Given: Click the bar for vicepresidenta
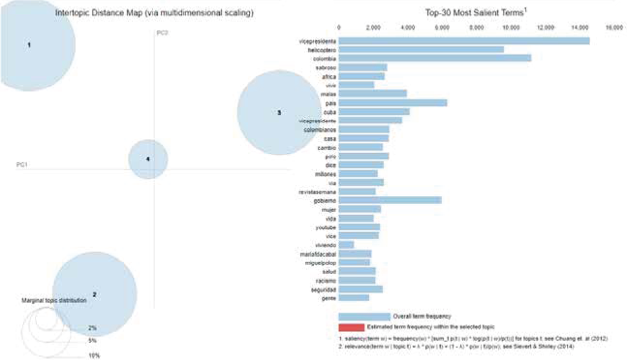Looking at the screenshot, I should (x=463, y=41).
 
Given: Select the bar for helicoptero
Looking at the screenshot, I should (x=421, y=49).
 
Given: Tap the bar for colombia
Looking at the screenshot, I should (x=434, y=58).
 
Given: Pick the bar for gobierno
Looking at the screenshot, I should (x=390, y=200).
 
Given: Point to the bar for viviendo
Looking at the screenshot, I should (x=346, y=244).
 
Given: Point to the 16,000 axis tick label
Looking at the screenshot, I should (x=613, y=28).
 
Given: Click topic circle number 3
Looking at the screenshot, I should (x=279, y=112).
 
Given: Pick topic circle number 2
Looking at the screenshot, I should (x=94, y=294).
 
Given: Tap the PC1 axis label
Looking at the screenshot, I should (x=22, y=165).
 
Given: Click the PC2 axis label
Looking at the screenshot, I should (x=162, y=33).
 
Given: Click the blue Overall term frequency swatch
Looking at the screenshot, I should (x=364, y=317).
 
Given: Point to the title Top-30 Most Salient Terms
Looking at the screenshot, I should (x=478, y=12).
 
